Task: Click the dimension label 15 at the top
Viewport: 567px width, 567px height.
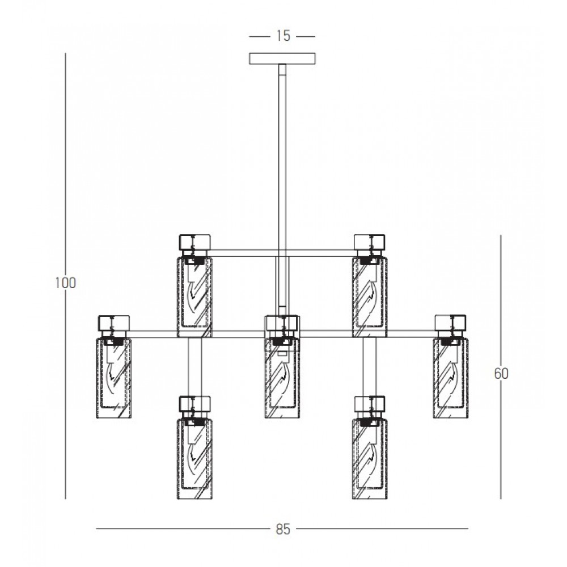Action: coord(283,36)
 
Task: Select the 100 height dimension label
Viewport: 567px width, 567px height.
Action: coord(65,283)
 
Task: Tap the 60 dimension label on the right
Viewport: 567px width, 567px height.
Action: coord(501,374)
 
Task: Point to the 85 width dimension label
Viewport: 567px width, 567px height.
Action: coord(283,530)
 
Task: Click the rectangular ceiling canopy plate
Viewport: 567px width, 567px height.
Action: coord(282,58)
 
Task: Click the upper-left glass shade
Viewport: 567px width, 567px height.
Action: coord(194,297)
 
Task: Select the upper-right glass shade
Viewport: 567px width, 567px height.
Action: coord(370,297)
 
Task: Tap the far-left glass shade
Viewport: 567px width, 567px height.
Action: coord(113,378)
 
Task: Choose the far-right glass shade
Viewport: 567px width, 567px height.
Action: coord(451,378)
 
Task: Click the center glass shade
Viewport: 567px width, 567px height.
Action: coord(282,378)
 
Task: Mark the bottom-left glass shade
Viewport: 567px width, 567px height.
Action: coord(194,459)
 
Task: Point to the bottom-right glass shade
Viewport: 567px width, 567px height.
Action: coord(370,459)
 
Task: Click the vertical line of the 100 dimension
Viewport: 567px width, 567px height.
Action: coord(65,276)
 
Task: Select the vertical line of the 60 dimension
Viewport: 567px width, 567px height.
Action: coord(501,367)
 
